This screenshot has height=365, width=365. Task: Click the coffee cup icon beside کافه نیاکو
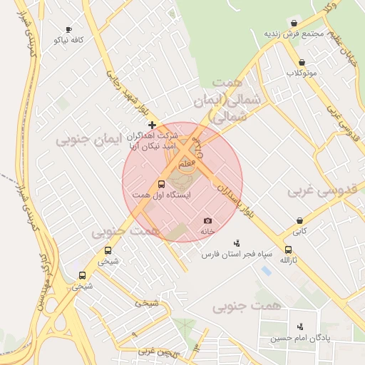pyautogui.click(x=68, y=30)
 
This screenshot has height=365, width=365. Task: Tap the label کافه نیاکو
pyautogui.click(x=68, y=41)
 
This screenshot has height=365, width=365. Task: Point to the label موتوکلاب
pyautogui.click(x=302, y=73)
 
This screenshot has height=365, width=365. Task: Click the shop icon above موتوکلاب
pyautogui.click(x=302, y=62)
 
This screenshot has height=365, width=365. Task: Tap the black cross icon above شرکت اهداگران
pyautogui.click(x=151, y=125)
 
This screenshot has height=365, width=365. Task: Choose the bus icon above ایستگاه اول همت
pyautogui.click(x=160, y=185)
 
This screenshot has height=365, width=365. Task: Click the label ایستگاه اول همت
pyautogui.click(x=151, y=195)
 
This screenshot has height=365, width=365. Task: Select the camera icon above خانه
pyautogui.click(x=207, y=221)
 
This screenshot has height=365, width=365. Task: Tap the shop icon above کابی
pyautogui.click(x=300, y=220)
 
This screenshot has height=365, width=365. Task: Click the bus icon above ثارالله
pyautogui.click(x=288, y=250)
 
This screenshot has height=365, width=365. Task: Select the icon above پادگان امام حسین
pyautogui.click(x=299, y=326)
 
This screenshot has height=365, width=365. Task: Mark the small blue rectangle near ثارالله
pyautogui.click(x=266, y=272)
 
